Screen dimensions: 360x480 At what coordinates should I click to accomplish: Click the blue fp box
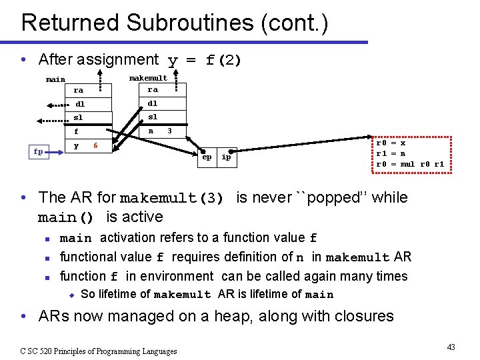(38, 151)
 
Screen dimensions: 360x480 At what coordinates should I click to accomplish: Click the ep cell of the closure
(207, 157)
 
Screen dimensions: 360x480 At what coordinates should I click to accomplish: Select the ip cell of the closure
(226, 157)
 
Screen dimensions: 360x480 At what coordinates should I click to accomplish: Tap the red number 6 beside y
(96, 145)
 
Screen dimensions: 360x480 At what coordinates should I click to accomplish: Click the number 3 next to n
(169, 131)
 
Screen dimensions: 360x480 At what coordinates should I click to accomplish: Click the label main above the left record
(55, 80)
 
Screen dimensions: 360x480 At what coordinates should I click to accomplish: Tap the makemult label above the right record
(148, 78)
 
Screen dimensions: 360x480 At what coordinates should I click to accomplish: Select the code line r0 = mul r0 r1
(409, 164)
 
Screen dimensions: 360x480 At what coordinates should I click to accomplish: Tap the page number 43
(451, 347)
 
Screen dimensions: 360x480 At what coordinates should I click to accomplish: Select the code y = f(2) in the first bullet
(205, 61)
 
